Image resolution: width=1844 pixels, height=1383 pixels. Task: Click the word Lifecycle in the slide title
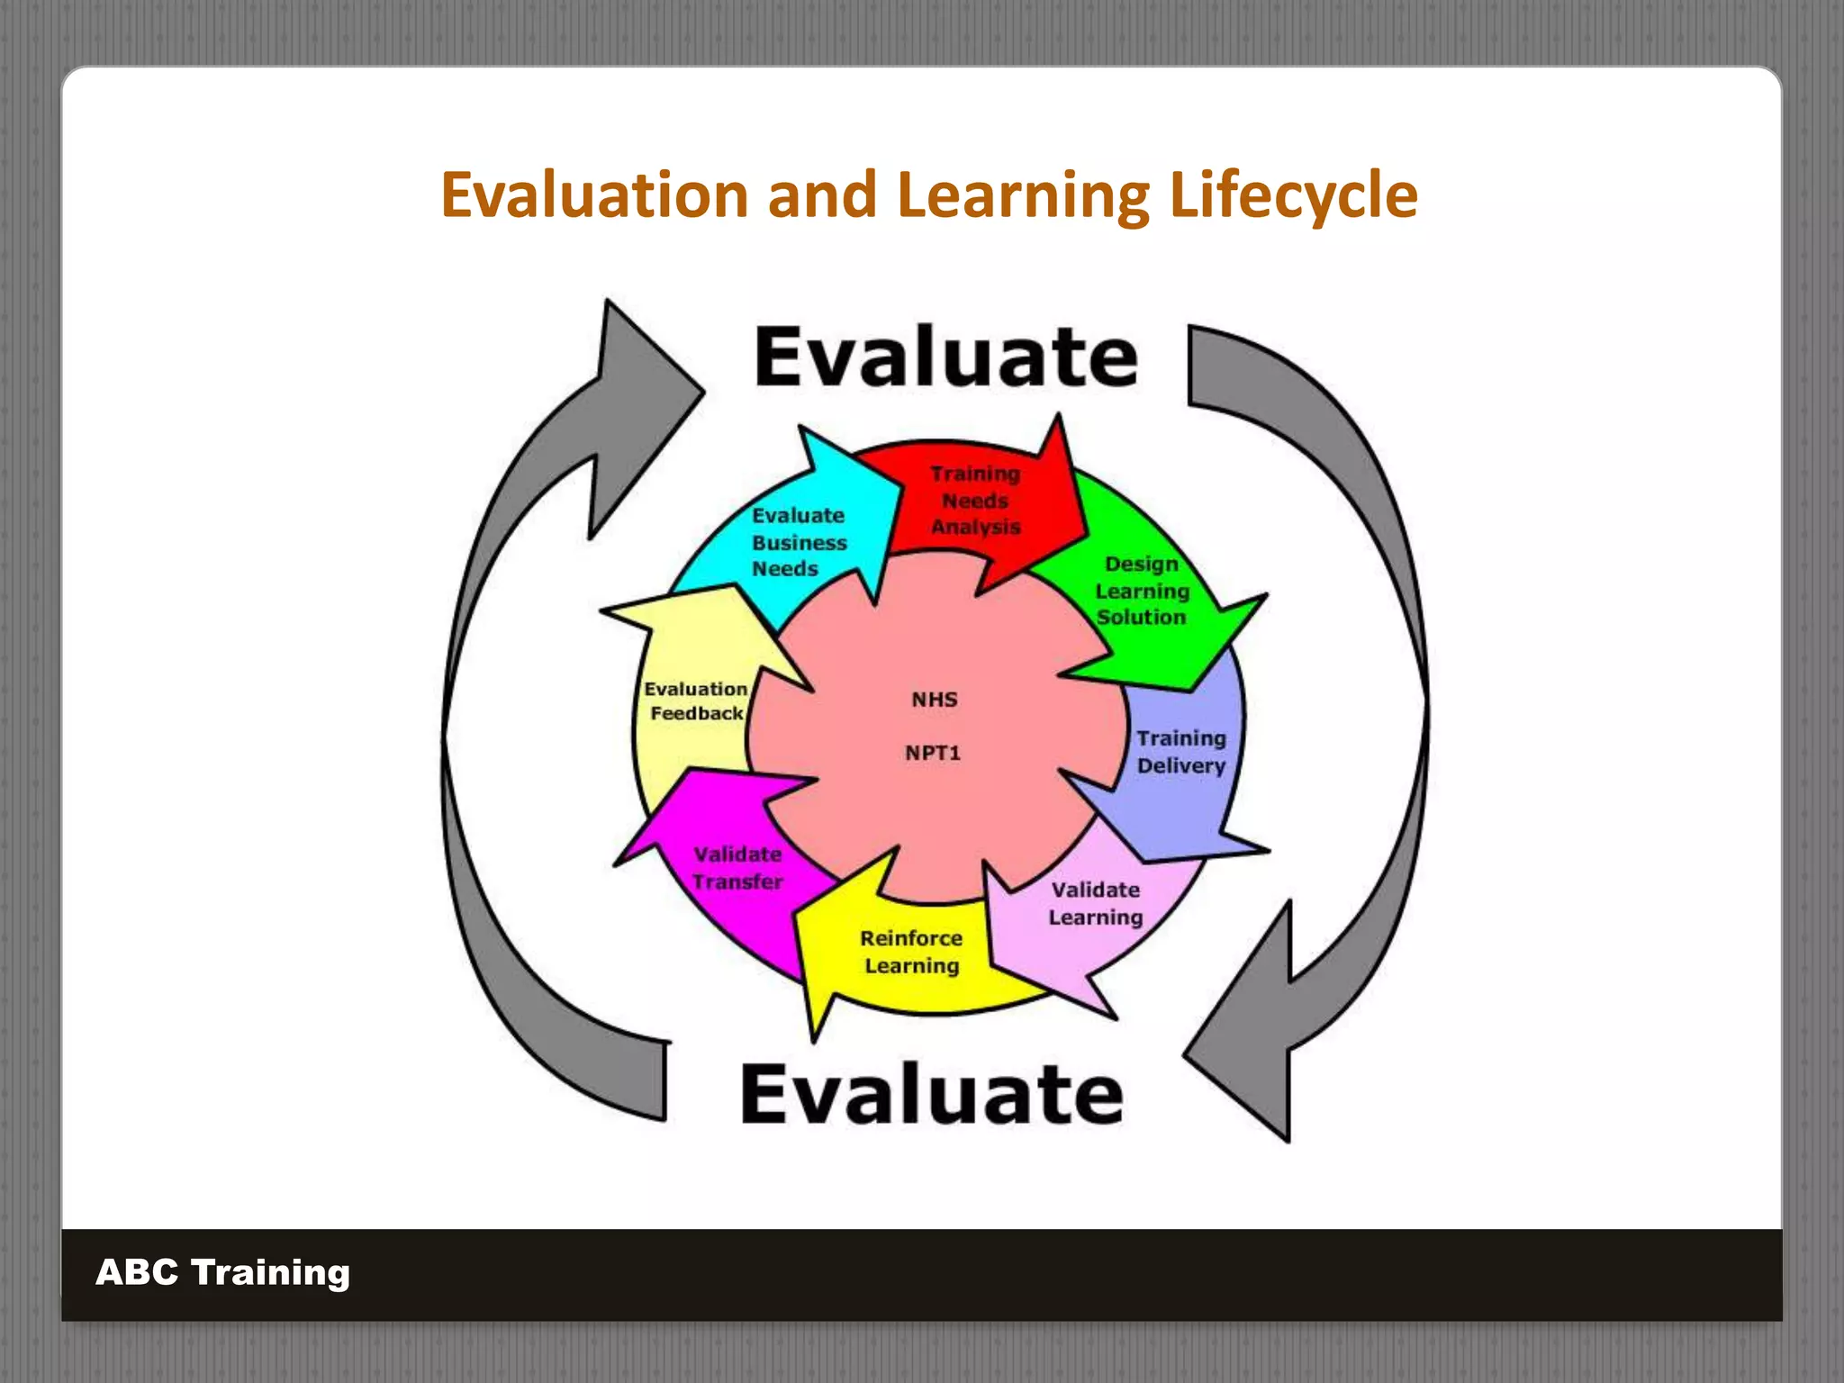coord(1293,195)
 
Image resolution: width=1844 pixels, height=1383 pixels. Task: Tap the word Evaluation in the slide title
coord(594,195)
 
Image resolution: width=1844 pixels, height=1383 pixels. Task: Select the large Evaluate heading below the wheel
coord(932,1093)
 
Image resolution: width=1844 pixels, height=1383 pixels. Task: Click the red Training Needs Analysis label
coord(975,501)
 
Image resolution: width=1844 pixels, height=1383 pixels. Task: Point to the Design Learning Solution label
coord(1142,591)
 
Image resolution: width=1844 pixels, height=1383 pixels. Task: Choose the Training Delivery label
coord(1180,752)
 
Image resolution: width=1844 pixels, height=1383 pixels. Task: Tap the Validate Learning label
coord(1095,903)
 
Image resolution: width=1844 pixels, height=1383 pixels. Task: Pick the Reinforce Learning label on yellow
coord(911,952)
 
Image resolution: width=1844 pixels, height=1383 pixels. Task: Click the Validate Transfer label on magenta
coord(737,868)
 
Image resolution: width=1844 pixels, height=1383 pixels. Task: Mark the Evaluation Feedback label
coord(696,701)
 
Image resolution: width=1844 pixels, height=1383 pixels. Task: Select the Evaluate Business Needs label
coord(799,542)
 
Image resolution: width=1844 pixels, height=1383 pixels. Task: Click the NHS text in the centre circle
coord(935,700)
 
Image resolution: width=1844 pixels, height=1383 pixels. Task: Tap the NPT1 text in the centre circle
coord(933,753)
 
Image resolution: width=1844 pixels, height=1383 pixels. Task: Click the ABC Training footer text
coord(222,1272)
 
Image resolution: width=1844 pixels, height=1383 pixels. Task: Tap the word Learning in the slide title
coord(1023,195)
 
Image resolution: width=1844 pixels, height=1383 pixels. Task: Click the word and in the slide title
coord(822,195)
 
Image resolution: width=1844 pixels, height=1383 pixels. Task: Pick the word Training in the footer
coord(270,1272)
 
